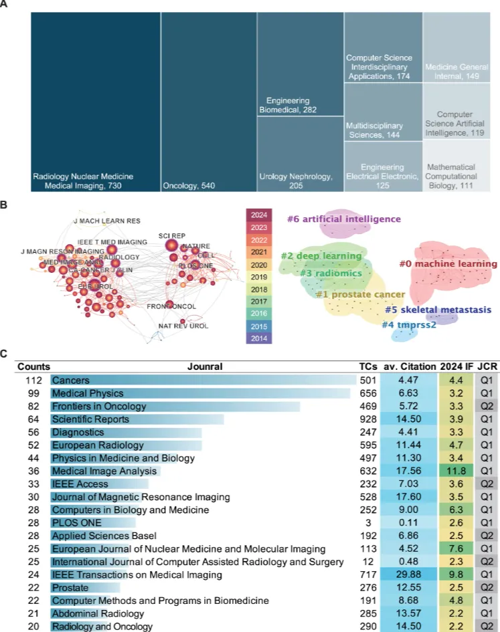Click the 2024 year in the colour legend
(x=259, y=215)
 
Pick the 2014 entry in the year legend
(x=259, y=338)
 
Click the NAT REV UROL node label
(x=183, y=326)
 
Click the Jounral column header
(x=205, y=366)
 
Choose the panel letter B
(x=6, y=207)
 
